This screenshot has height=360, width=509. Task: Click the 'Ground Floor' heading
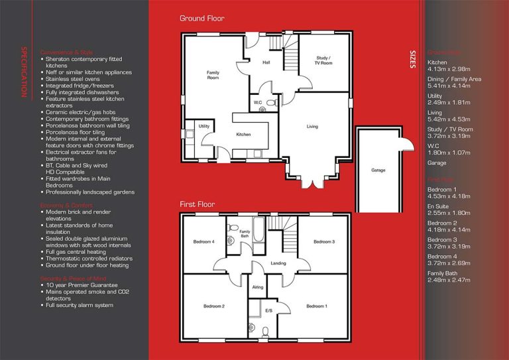pos(201,19)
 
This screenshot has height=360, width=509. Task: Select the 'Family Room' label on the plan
pos(213,75)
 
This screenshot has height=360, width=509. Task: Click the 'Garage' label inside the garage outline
pos(378,170)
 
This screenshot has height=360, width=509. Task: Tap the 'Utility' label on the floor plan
pos(203,125)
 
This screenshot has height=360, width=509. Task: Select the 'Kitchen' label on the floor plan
pos(243,135)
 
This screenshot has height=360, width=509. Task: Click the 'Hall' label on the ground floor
pos(266,63)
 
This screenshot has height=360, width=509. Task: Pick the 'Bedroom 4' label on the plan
pos(203,241)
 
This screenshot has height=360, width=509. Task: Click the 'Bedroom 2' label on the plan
pos(214,306)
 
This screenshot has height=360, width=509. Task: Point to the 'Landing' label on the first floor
pos(279,263)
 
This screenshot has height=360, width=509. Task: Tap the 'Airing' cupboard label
pos(257,288)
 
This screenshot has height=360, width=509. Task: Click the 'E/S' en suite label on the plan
pos(268,310)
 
